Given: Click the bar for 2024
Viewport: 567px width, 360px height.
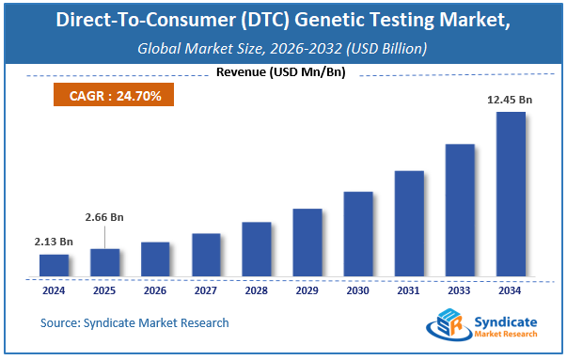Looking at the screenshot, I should coord(54,266).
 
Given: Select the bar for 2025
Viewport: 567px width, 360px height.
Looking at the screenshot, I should coord(104,263).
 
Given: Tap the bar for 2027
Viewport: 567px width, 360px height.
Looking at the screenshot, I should coord(206,256).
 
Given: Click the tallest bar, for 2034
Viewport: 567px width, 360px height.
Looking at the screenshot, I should coord(511,195).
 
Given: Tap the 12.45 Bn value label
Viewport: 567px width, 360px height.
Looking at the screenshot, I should coord(511,99).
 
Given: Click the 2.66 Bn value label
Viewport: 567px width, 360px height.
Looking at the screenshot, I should coord(104,217).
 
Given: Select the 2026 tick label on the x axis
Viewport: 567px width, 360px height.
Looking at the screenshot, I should coord(155,290).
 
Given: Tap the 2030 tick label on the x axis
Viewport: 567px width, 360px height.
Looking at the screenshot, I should coord(358,290).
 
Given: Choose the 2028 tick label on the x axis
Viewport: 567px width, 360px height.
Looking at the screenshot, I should coord(257,290).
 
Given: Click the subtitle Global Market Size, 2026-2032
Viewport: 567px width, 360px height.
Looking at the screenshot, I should coord(282,48).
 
